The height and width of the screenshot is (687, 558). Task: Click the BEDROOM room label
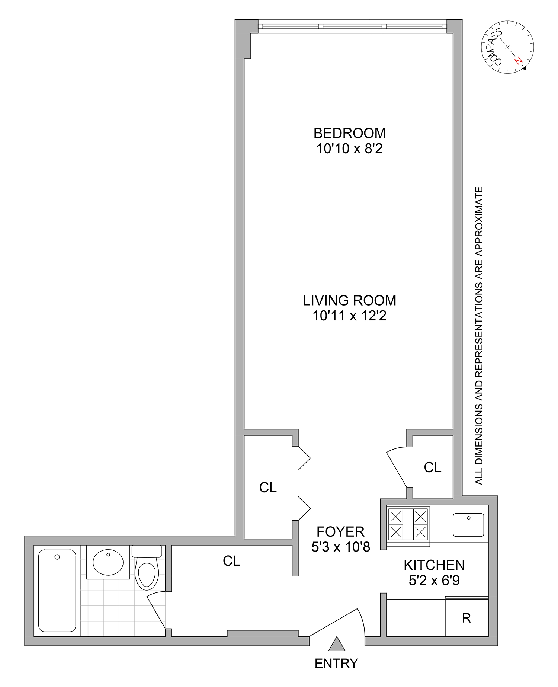[x=349, y=133]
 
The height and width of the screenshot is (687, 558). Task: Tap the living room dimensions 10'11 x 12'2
[x=349, y=316]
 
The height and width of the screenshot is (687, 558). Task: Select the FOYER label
[x=340, y=531]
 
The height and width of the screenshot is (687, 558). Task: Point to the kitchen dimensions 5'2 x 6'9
[x=434, y=581]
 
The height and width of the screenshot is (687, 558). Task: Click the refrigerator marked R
[x=466, y=618]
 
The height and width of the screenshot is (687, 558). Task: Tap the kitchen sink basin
[x=468, y=525]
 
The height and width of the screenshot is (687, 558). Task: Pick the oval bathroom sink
[x=108, y=562]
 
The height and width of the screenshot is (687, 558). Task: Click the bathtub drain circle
[x=57, y=557]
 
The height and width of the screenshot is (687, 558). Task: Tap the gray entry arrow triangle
[x=337, y=644]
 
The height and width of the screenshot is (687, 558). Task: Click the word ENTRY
[x=336, y=664]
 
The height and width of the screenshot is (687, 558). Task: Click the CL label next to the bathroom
[x=231, y=561]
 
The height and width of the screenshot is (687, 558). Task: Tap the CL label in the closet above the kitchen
[x=432, y=467]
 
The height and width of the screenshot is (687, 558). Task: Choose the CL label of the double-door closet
[x=268, y=488]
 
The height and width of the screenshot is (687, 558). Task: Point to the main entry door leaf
[x=333, y=622]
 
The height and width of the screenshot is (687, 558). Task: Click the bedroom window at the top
[x=352, y=26]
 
